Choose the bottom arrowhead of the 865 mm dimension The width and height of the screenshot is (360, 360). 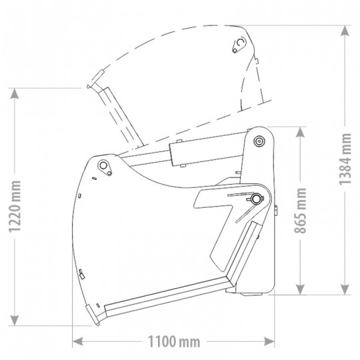coord(303,293)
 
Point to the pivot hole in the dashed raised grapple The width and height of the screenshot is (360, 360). coord(239,45)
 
